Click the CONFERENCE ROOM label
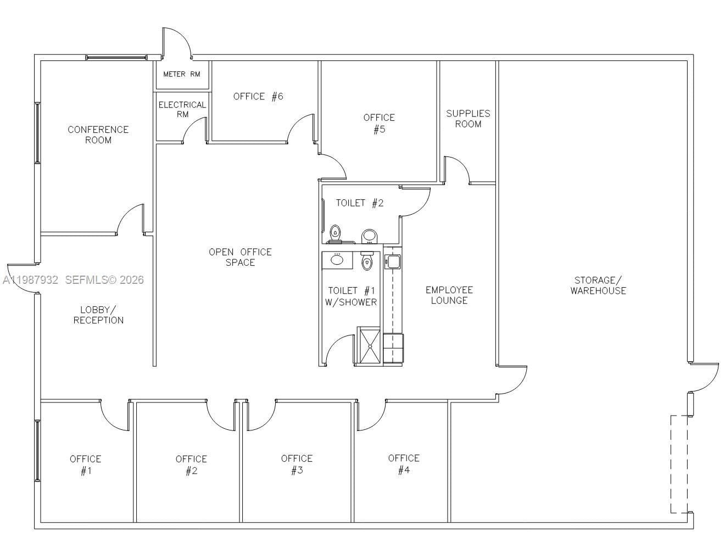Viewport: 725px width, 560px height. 98,135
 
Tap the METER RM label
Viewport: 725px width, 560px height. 181,74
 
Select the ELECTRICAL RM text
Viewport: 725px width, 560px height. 182,109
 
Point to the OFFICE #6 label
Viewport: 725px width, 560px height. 258,97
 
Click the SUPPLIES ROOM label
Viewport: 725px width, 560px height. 468,119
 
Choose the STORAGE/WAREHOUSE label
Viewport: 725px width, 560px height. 598,285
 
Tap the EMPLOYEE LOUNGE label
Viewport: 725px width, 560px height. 449,295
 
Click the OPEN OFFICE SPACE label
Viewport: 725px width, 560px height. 240,257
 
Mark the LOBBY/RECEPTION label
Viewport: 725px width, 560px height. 98,315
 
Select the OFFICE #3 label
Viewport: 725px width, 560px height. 297,464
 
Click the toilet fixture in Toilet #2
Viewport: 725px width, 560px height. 334,233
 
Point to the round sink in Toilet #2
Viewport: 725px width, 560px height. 370,236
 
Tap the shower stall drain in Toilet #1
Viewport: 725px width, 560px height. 369,346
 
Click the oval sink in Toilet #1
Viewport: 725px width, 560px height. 337,259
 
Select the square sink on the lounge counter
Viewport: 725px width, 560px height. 393,261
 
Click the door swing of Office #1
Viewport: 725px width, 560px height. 114,415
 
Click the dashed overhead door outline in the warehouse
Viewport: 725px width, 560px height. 679,464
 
